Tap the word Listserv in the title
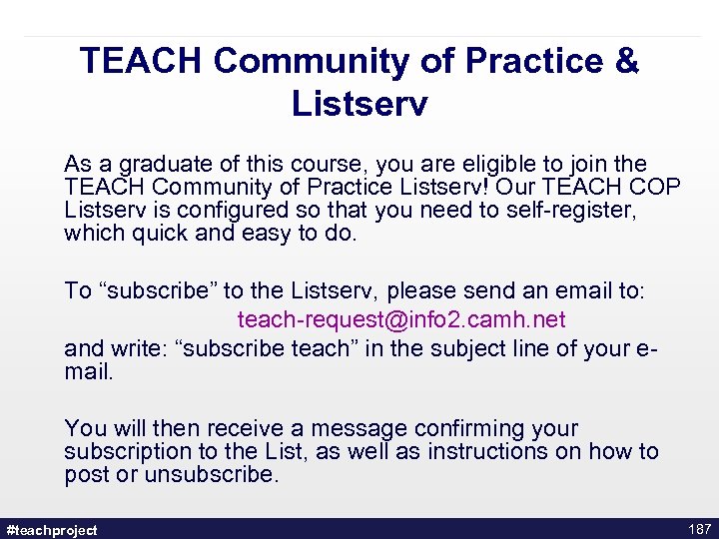[359, 104]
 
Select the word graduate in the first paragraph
[151, 164]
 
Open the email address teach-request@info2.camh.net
[401, 319]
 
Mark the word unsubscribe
[212, 474]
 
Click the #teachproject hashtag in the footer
[52, 530]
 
